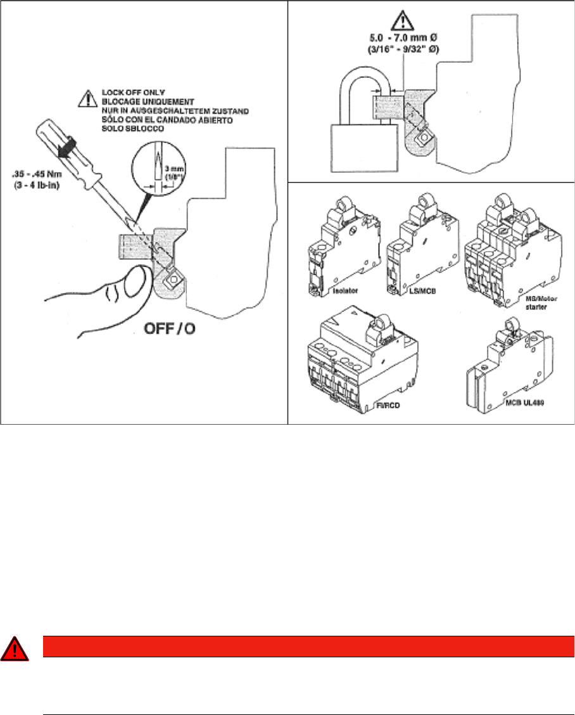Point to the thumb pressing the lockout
point(130,281)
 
